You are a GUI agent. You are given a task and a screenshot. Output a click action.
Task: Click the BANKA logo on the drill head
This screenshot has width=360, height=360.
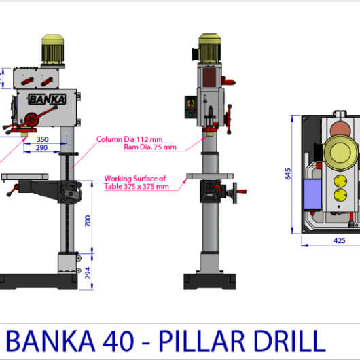(47, 99)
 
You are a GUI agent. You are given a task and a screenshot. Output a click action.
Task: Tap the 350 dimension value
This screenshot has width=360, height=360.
(43, 139)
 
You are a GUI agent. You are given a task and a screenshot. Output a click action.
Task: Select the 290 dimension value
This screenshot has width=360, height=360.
(42, 147)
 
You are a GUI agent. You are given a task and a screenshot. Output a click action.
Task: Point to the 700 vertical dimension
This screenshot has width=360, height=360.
(88, 221)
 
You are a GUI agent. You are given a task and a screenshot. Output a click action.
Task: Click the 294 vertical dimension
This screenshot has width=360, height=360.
(88, 273)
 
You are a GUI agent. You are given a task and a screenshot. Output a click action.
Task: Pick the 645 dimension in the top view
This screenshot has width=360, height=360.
(288, 174)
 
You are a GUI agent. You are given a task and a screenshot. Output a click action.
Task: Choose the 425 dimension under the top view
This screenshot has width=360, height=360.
(339, 240)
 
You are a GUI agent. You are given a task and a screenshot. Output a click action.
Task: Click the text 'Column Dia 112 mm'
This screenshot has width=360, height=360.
(129, 139)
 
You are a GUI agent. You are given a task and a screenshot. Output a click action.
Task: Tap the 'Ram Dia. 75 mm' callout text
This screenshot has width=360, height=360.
(150, 147)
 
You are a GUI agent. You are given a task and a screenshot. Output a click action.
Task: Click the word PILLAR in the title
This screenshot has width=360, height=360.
(201, 341)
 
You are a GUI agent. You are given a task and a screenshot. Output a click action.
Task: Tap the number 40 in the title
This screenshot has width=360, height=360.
(118, 341)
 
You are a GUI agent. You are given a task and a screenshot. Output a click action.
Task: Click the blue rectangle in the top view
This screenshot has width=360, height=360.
(312, 194)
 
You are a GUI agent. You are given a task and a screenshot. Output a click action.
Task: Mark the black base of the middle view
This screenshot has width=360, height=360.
(210, 281)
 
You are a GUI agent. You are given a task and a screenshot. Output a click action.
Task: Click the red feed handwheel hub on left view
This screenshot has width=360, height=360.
(32, 120)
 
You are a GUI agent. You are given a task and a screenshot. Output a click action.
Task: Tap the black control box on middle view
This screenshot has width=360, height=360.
(191, 107)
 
